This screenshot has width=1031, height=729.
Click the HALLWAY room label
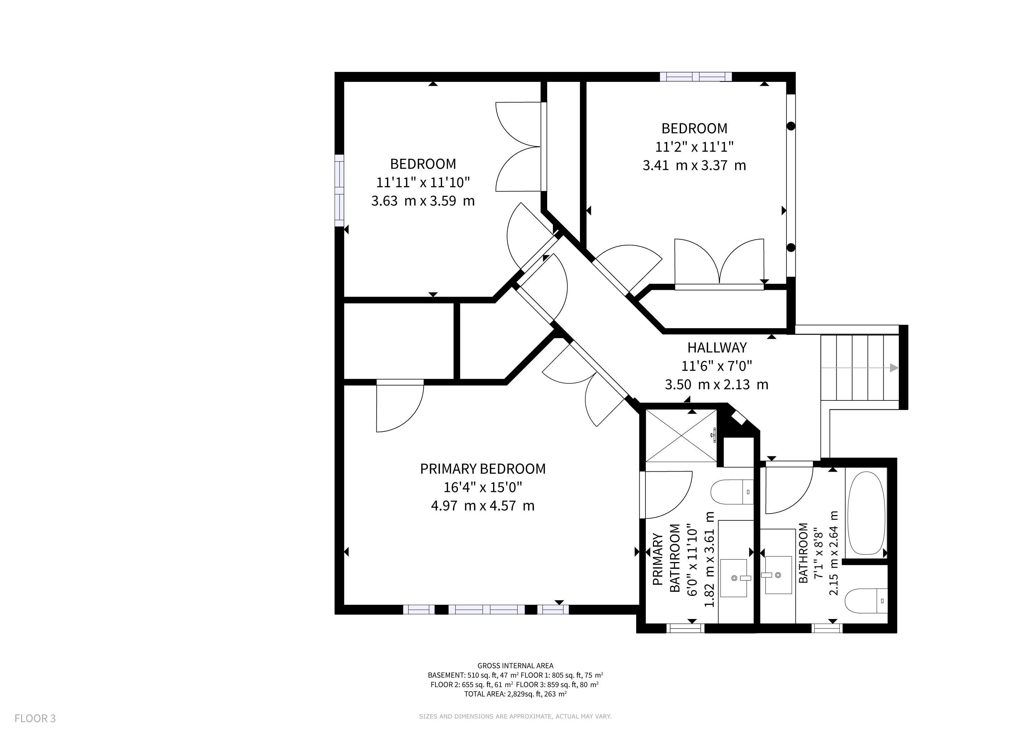pos(717,347)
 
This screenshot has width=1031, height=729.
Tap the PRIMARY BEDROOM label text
pos(483,469)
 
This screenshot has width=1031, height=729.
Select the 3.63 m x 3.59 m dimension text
pos(423,201)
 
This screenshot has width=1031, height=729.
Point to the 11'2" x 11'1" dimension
pos(694,147)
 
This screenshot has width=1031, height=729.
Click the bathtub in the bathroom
pos(866,513)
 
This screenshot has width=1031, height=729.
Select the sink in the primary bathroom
pos(734,578)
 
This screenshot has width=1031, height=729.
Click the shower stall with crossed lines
pos(681,435)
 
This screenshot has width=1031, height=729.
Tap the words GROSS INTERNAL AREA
pos(515,666)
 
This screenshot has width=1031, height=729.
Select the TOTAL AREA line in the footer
pos(515,694)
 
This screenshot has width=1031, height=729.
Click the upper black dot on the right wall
pos(791,126)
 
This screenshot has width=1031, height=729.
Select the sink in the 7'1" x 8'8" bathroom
pos(778,575)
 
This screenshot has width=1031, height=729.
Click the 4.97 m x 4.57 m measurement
pos(483,506)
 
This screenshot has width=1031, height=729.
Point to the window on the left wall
pos(340,191)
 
